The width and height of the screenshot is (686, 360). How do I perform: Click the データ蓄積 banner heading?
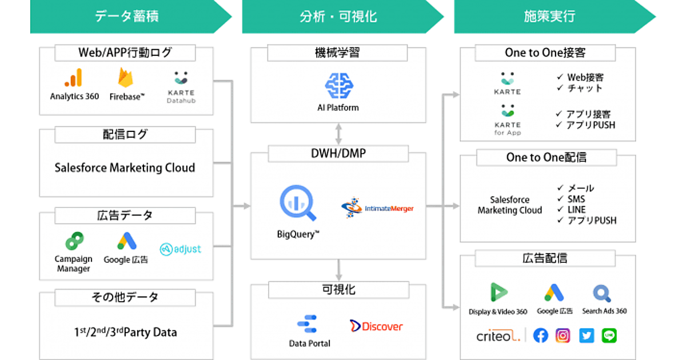coord(126,17)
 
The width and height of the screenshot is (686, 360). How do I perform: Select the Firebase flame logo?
coord(126,78)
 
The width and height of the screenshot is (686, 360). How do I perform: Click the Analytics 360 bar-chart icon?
coord(74,78)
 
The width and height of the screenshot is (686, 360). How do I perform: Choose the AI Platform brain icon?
coord(338,86)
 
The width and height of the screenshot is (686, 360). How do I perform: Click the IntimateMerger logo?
coord(377,209)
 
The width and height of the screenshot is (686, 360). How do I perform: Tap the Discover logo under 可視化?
coord(376,326)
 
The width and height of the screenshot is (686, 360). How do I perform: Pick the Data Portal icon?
coord(309,324)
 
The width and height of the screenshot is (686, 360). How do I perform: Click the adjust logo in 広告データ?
coord(180,249)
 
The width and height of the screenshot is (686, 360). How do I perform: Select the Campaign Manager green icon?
coord(73,241)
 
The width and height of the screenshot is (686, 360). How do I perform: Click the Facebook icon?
coord(540,335)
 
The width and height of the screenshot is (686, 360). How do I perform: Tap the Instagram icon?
coord(563,335)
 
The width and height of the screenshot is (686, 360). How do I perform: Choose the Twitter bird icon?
coord(587,335)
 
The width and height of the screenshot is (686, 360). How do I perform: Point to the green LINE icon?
coord(609,335)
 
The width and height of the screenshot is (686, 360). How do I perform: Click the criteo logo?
coord(498,337)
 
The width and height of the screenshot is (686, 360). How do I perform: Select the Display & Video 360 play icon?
coord(498,293)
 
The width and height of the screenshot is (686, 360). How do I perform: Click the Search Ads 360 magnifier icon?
coord(603,294)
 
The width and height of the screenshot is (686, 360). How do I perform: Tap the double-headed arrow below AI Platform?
coord(338,134)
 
